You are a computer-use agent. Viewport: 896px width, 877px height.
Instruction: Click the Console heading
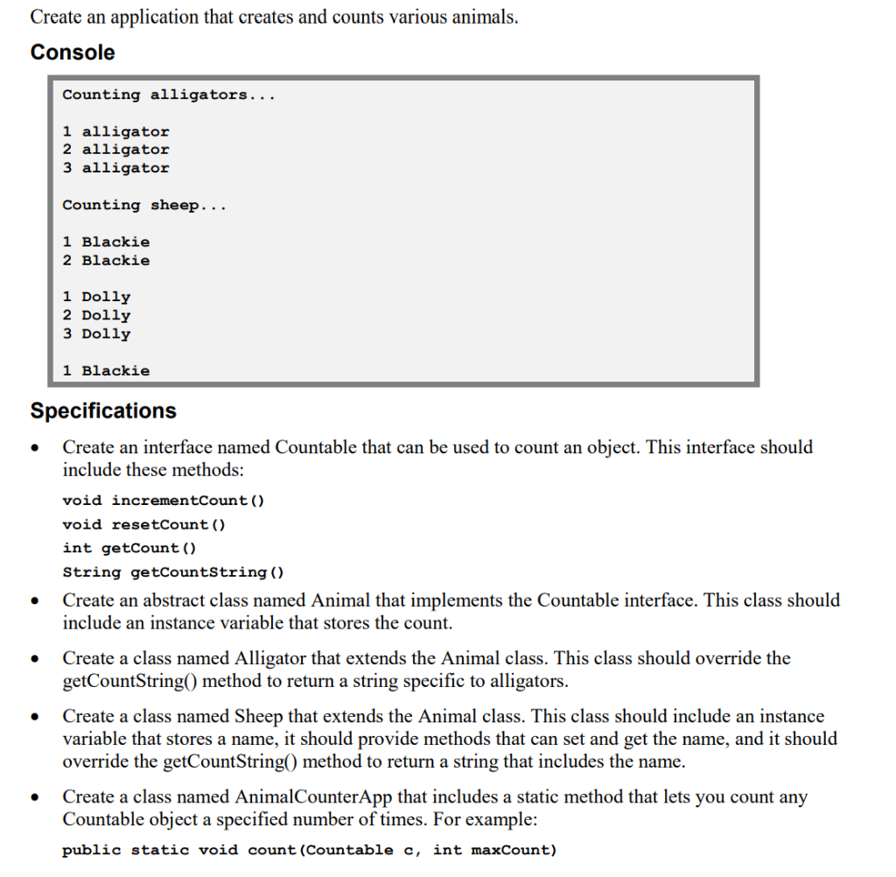(73, 53)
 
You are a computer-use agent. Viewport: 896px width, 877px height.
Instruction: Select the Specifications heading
(103, 410)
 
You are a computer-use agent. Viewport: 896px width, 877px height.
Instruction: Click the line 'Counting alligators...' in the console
(169, 95)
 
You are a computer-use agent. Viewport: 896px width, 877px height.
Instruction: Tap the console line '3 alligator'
(115, 168)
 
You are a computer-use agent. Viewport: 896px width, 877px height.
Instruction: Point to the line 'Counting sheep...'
(144, 205)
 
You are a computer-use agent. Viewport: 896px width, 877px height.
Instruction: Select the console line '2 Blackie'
(106, 260)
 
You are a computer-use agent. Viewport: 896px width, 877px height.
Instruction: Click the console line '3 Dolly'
(96, 333)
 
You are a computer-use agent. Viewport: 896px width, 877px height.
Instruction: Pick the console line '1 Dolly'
(96, 297)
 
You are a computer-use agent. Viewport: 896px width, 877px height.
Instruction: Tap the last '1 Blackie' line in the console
(106, 370)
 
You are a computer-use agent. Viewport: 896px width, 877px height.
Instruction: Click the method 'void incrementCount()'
(164, 501)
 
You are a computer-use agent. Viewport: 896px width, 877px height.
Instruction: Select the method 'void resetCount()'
(144, 524)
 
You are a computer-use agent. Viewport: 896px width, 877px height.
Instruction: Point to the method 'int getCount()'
(129, 548)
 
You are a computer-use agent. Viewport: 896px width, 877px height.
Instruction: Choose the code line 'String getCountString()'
(174, 572)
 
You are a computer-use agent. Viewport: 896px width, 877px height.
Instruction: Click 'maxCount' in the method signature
(513, 850)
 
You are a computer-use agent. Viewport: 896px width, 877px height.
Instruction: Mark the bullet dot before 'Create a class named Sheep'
(35, 719)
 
